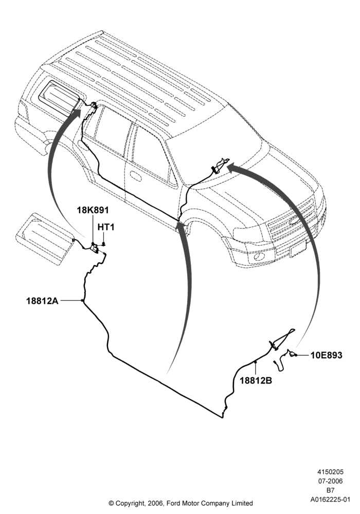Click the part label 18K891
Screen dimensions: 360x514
pyautogui.click(x=93, y=210)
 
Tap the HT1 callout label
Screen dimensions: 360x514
pyautogui.click(x=106, y=227)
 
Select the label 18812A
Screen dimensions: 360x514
pyautogui.click(x=42, y=301)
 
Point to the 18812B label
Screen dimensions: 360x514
pyautogui.click(x=256, y=380)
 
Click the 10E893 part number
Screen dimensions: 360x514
pyautogui.click(x=326, y=355)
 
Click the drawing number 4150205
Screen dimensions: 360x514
pyautogui.click(x=330, y=472)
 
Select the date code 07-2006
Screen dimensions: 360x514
pyautogui.click(x=330, y=481)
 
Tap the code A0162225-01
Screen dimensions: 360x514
pyautogui.click(x=331, y=500)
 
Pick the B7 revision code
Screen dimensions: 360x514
pyautogui.click(x=330, y=490)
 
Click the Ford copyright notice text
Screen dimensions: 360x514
pyautogui.click(x=181, y=503)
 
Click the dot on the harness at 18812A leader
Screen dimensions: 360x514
pyautogui.click(x=82, y=300)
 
